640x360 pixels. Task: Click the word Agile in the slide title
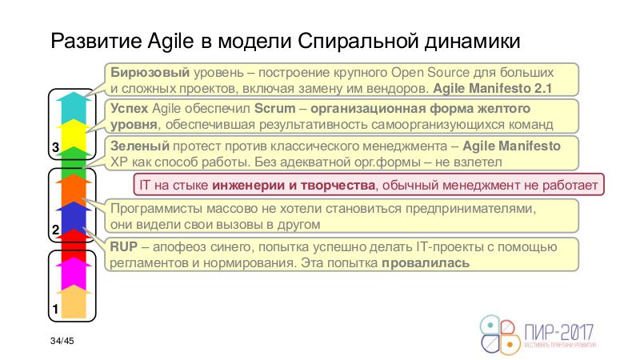coord(170,42)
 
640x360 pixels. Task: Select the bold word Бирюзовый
coord(150,73)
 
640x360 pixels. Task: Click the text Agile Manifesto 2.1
coord(492,88)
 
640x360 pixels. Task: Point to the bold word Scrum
coord(274,108)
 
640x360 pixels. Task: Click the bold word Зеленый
coord(139,146)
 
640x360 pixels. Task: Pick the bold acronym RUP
coord(124,246)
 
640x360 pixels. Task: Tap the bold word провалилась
coord(426,263)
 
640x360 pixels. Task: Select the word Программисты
coord(156,209)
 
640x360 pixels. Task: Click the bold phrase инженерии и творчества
coord(294,186)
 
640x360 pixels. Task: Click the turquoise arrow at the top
coord(74,107)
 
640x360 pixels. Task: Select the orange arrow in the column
coord(74,190)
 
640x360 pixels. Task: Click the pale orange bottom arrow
coord(74,302)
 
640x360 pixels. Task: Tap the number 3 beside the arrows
coord(56,147)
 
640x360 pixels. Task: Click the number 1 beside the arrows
coord(55,309)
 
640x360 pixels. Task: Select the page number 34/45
coord(62,341)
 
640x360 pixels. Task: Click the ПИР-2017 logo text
coord(558,332)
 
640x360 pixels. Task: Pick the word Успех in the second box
coord(129,108)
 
